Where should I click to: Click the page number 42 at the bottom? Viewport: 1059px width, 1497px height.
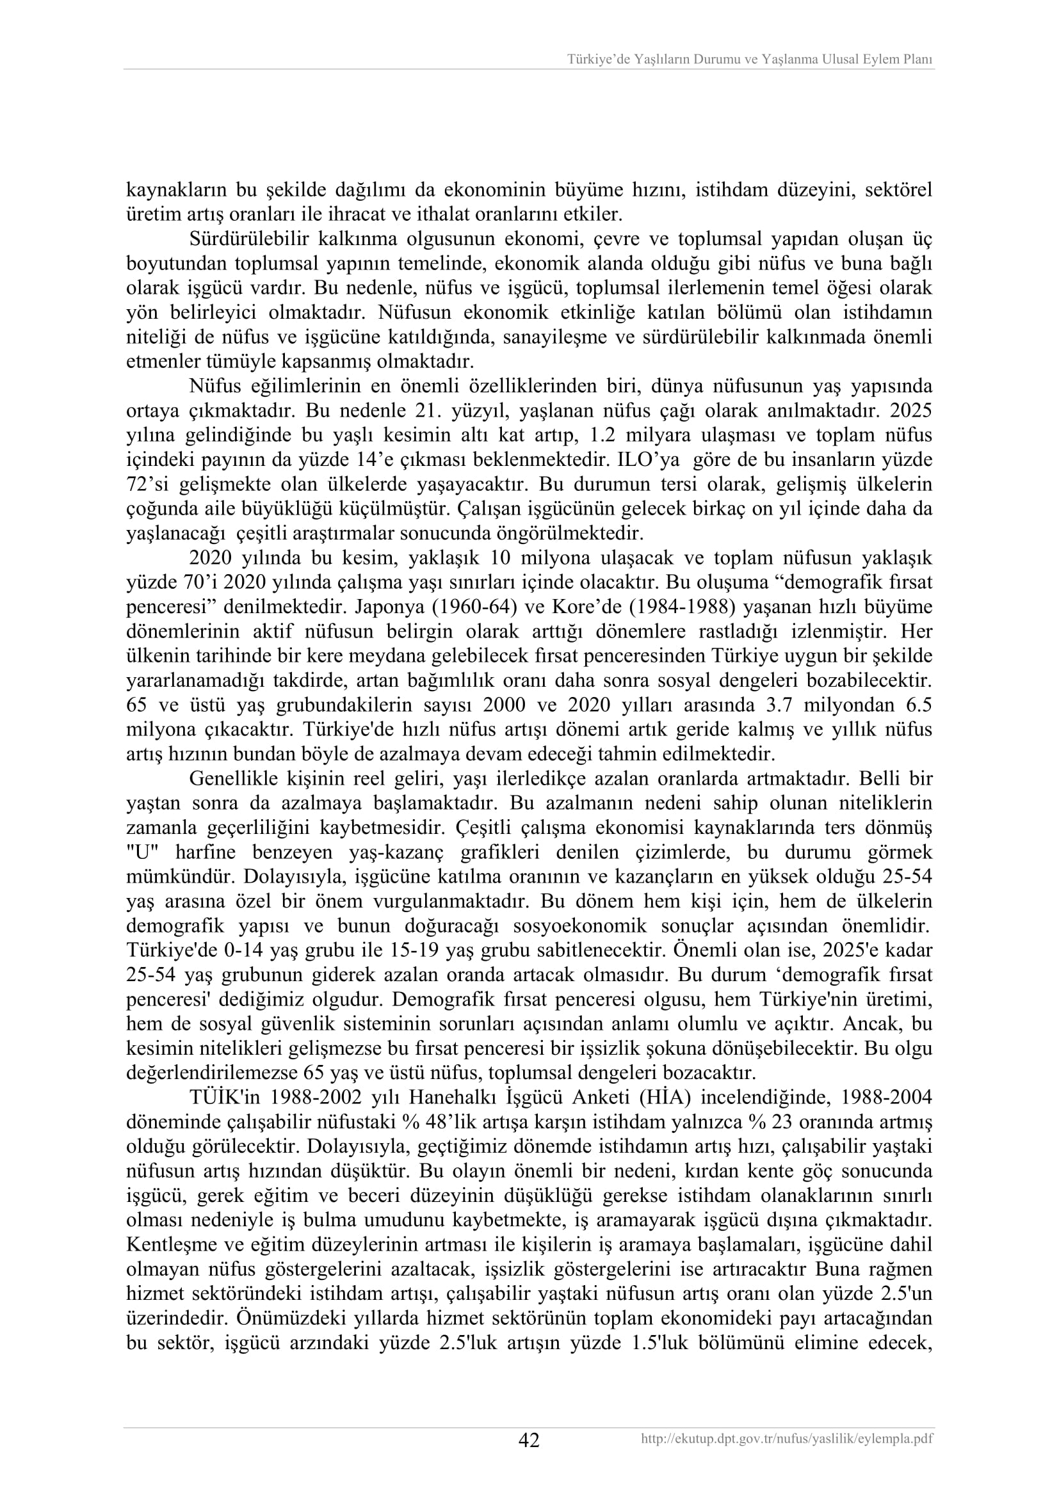[529, 1440]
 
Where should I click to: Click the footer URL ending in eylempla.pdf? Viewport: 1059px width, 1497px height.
[787, 1437]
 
